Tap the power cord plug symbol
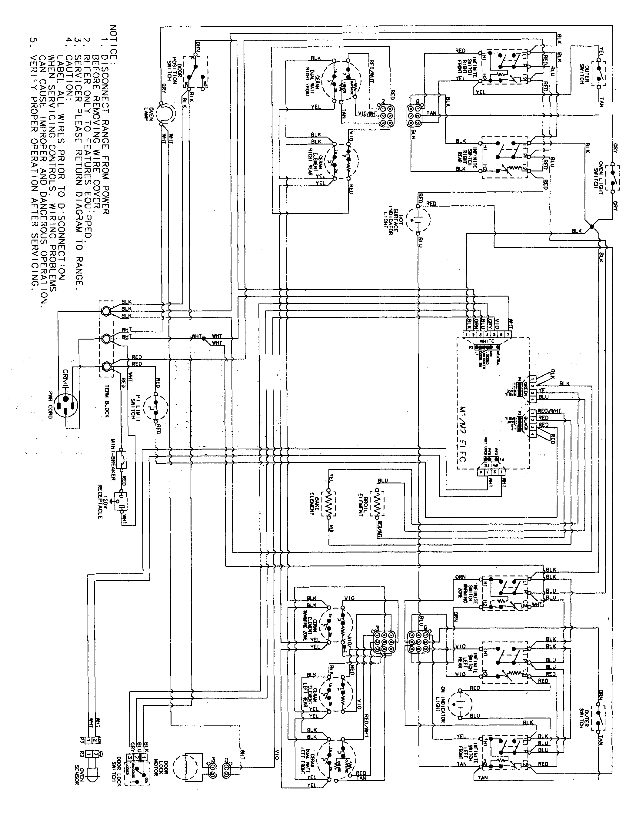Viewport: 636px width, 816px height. tap(66, 406)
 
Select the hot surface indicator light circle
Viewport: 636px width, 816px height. tap(418, 218)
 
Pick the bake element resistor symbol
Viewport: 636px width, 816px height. tap(328, 504)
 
